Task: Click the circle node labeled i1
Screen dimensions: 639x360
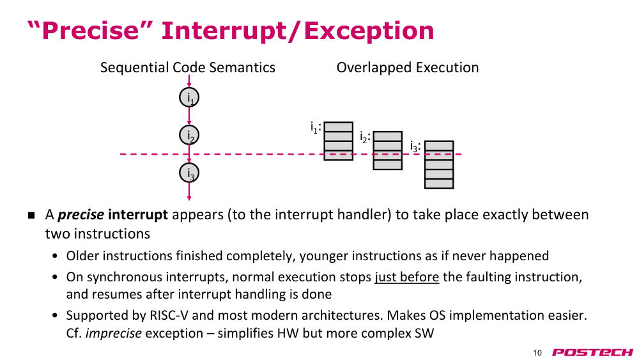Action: coord(189,97)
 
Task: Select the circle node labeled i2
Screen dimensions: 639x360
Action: coord(189,135)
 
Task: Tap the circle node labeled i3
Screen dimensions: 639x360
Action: coord(189,173)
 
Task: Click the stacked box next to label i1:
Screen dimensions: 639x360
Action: coord(338,141)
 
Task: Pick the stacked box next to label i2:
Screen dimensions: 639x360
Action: coord(388,150)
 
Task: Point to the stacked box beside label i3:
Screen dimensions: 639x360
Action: coord(439,165)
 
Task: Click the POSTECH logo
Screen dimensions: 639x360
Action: coord(592,352)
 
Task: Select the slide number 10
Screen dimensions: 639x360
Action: coord(537,353)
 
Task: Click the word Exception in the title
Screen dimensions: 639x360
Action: coord(369,31)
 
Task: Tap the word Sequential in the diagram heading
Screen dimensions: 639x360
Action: coord(134,68)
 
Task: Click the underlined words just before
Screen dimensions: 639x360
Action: coord(406,277)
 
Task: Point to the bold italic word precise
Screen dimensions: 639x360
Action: coord(81,215)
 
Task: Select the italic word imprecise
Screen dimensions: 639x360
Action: coord(113,334)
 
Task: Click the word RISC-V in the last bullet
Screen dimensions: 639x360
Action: coord(169,315)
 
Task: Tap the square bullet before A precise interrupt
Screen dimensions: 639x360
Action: coord(32,215)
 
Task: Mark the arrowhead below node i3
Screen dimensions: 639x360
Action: coord(189,198)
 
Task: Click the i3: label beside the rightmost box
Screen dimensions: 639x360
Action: coord(415,146)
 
